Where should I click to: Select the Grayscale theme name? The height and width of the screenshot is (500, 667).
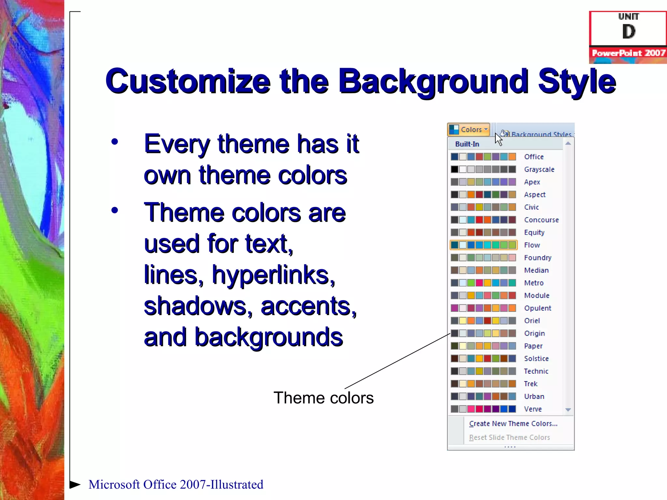pos(539,170)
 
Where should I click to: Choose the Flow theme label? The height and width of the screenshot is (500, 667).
pos(532,245)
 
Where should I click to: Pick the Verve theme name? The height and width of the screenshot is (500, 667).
pos(533,409)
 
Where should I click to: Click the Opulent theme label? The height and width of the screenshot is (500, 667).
pos(537,308)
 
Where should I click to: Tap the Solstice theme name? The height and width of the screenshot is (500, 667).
pos(536,359)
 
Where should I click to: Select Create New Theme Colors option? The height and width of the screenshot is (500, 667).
pos(513,424)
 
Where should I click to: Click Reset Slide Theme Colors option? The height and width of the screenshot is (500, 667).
pos(509,437)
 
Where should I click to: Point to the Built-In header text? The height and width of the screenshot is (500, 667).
pos(467,144)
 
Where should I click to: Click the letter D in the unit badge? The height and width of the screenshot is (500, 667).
pos(629,32)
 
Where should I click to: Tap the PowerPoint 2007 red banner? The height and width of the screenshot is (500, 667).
pos(628,53)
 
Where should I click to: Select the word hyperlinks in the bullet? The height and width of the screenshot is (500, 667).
pos(273,275)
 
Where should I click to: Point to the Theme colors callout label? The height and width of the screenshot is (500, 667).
pos(323,398)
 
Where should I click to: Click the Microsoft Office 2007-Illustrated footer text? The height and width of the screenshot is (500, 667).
pos(176,484)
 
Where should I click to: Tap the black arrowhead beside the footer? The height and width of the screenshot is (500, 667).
pos(75,484)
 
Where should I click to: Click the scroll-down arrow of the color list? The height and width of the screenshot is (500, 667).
pos(568,410)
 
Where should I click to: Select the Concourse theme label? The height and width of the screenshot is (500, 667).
pos(541,220)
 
